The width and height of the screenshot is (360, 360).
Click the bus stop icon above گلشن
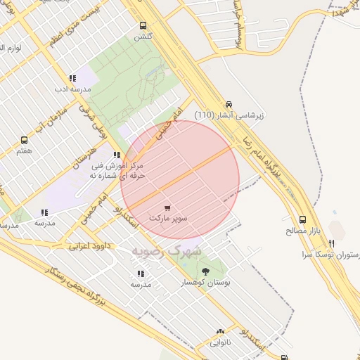(x=143, y=25)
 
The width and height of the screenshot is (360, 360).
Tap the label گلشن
(x=143, y=35)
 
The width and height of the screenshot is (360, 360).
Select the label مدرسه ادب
(x=72, y=89)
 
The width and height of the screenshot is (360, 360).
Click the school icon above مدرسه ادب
(x=72, y=79)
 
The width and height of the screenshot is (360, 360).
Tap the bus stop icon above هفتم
(x=25, y=141)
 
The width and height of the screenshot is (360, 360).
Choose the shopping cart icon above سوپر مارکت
(x=167, y=208)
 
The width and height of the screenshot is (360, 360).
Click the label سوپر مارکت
(x=168, y=219)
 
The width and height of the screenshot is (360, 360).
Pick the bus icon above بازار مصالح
(x=302, y=219)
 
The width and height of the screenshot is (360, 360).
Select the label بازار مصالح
(x=302, y=230)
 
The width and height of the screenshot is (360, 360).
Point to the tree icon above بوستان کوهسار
(x=205, y=271)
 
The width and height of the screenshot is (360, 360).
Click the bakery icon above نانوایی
(x=220, y=332)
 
